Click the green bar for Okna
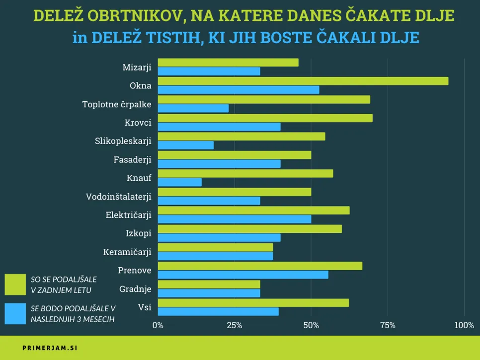tap(303, 81)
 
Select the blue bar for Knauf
tap(180, 182)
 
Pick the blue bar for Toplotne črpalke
tap(193, 108)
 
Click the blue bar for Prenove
tap(243, 275)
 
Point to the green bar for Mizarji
tap(228, 63)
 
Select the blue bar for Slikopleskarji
tap(186, 145)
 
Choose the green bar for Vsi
tap(253, 303)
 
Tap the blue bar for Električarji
tap(235, 219)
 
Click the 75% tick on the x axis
tap(388, 326)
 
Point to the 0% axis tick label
tap(158, 326)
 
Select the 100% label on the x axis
tap(464, 326)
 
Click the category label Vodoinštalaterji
tap(118, 197)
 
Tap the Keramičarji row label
tap(127, 252)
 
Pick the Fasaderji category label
tap(132, 160)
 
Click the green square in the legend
tap(15, 285)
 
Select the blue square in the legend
tap(15, 314)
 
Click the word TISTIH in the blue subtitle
tap(171, 38)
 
